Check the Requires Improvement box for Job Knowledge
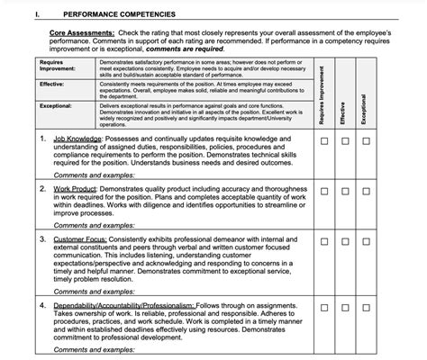(x=322, y=141)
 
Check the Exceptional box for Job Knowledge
(x=366, y=141)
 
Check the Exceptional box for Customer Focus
(x=366, y=242)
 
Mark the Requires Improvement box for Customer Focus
(x=322, y=242)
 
